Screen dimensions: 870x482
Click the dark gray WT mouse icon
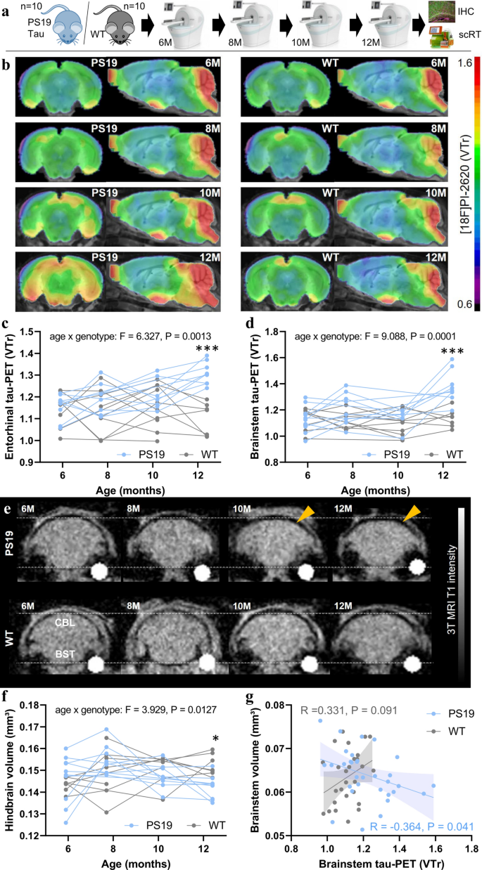tap(109, 30)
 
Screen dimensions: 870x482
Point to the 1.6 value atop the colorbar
tap(464, 63)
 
